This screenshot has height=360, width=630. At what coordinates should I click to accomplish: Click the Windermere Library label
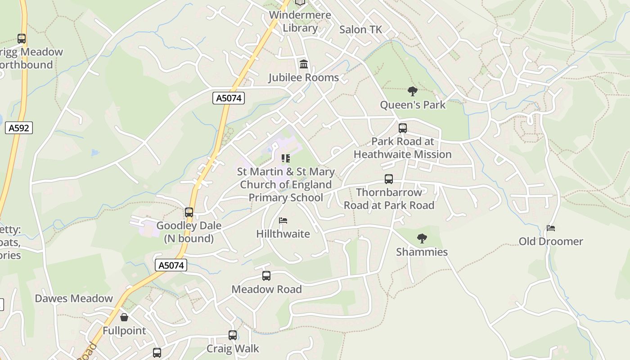[300, 21]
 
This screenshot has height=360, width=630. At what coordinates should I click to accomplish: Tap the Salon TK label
[360, 30]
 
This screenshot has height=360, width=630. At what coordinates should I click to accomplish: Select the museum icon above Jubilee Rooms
[304, 64]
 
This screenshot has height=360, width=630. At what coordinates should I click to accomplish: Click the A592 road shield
[19, 128]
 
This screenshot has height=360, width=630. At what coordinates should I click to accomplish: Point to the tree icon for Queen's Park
[412, 92]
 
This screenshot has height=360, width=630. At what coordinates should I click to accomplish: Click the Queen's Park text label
[413, 105]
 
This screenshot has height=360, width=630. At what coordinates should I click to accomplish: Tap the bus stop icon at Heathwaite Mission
[403, 128]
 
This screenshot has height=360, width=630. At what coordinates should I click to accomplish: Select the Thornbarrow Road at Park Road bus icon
[389, 179]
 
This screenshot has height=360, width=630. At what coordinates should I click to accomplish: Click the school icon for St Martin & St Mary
[285, 158]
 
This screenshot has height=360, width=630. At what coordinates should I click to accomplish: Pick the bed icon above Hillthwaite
[283, 220]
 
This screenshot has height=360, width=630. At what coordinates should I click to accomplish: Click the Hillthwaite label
[283, 234]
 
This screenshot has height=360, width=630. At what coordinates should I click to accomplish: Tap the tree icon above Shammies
[422, 238]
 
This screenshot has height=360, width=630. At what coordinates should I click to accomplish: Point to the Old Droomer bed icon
[550, 228]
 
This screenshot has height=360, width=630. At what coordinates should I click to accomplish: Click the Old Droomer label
[551, 242]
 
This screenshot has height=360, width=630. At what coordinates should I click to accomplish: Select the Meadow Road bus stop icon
[266, 276]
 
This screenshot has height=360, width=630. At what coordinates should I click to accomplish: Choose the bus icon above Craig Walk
[233, 335]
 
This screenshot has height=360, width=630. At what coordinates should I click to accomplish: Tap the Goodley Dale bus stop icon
[189, 212]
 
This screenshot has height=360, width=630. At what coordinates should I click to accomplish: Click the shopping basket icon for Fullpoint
[124, 318]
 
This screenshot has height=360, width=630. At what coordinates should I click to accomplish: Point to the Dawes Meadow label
[74, 299]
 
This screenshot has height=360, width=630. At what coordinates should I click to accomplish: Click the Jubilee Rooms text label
[304, 78]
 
